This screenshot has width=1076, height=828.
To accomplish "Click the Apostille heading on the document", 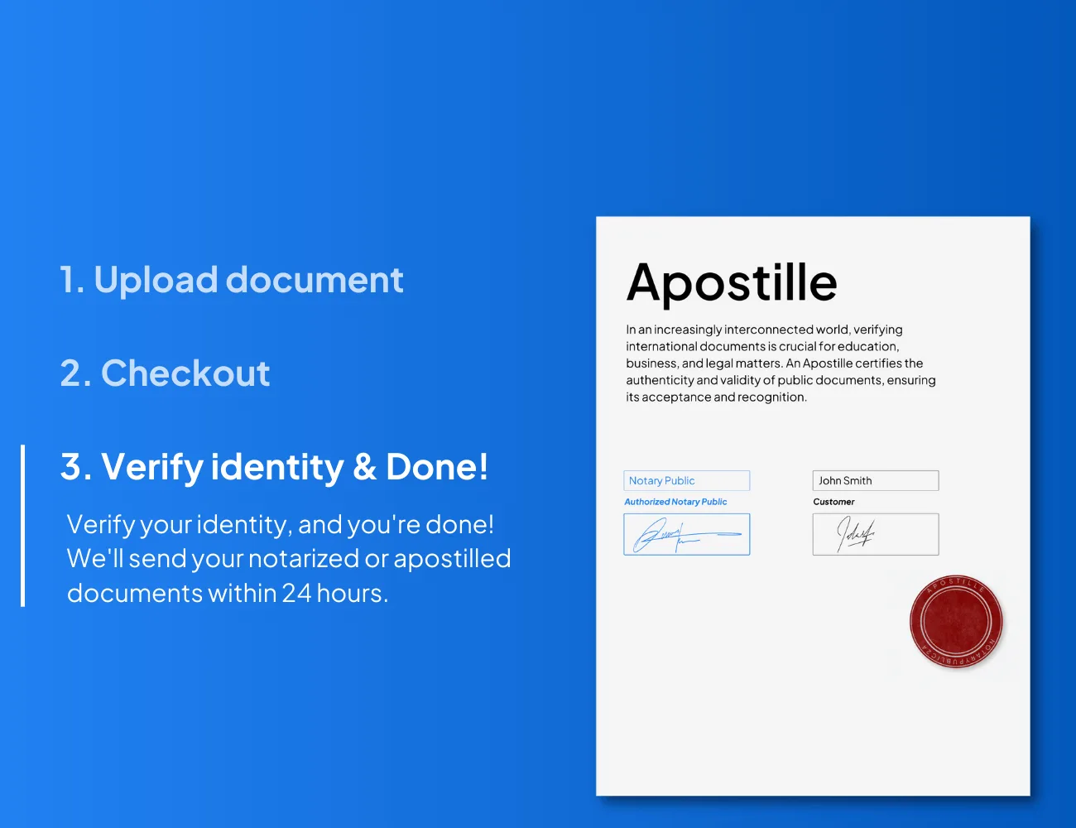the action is click(x=732, y=283).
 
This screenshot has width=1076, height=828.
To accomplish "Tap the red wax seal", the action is click(x=956, y=622).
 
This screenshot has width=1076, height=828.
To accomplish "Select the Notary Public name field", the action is click(x=687, y=480).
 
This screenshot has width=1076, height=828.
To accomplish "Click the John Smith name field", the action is click(x=876, y=480).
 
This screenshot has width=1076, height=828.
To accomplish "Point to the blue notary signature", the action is click(x=686, y=536).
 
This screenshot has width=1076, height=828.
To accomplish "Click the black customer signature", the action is click(x=856, y=534).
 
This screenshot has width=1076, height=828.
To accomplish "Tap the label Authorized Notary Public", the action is click(x=675, y=502).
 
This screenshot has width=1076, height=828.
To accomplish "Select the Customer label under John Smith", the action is click(x=833, y=502).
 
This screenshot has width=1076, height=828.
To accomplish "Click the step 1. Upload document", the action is click(x=231, y=280).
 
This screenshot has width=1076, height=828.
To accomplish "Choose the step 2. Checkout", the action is click(x=165, y=373).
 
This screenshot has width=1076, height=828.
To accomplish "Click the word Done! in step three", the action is click(x=437, y=466).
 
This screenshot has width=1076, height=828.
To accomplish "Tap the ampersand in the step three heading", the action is click(x=364, y=466).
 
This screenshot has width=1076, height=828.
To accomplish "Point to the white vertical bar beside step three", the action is click(x=23, y=526).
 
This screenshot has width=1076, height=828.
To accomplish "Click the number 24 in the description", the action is click(x=296, y=593).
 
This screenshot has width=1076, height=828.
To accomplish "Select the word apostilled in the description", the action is click(x=452, y=559).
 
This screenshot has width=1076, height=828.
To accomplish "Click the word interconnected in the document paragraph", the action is click(x=768, y=330).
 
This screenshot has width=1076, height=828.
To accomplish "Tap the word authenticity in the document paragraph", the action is click(x=660, y=380).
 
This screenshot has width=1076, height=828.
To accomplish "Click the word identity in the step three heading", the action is click(x=277, y=468).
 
